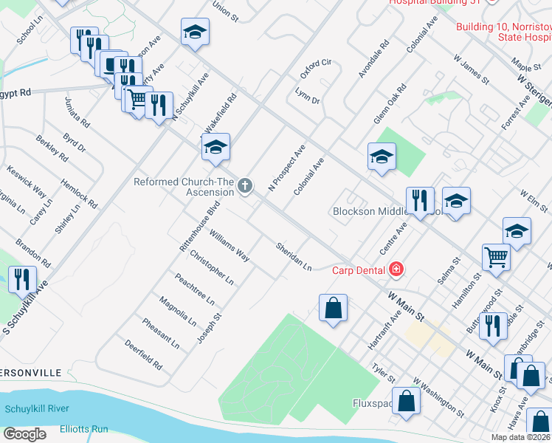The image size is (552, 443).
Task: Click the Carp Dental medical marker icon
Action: [397, 269]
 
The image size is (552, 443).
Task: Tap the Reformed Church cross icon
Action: [245, 186]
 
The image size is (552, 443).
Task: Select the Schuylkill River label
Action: [37, 409]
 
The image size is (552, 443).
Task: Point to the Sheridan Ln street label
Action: [294, 257]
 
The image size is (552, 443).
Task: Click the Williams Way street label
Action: [229, 246]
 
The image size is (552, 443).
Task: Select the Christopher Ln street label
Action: [212, 268]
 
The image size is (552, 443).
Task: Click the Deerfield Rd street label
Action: [143, 355]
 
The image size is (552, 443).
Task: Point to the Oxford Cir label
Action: [317, 69]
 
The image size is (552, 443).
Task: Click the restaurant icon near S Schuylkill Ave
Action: [21, 279]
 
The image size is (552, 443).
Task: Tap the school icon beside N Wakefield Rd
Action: [216, 146]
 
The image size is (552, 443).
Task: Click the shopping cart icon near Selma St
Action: [496, 257]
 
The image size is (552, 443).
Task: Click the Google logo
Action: [25, 434]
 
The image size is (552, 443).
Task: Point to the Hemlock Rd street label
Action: [79, 193]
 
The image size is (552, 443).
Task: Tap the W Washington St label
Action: [438, 398]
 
